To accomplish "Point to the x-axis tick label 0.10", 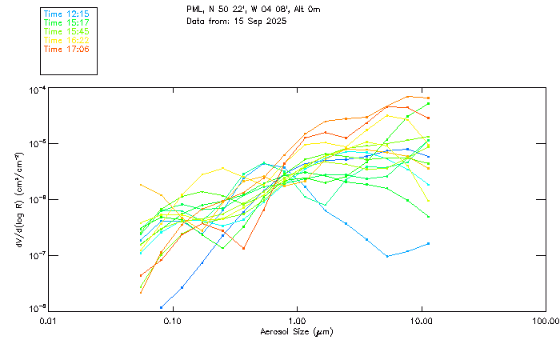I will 172,321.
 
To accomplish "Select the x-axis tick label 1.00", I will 297,321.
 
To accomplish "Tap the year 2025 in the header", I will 273,21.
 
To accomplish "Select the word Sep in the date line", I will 249,21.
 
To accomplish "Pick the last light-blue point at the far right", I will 429,243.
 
